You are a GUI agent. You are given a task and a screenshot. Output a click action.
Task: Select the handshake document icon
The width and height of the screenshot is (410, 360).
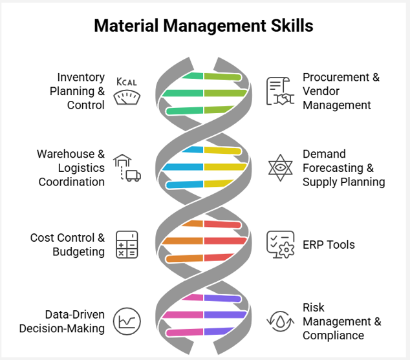281,91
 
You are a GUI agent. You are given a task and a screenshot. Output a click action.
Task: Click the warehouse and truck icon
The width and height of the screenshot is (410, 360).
127,168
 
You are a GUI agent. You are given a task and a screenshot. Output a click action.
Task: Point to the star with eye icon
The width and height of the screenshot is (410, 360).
281,168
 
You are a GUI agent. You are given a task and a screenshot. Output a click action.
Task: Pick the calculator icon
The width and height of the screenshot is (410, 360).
127,244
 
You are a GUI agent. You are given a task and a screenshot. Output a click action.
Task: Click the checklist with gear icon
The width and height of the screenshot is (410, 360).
281,244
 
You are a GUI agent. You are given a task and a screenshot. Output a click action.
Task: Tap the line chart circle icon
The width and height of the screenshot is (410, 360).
127,321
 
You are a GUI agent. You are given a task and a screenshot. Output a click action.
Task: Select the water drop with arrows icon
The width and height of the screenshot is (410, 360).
281,321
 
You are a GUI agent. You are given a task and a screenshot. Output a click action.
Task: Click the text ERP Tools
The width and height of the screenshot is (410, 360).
329,245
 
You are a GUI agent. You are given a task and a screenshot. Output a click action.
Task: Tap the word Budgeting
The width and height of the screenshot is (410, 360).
78,252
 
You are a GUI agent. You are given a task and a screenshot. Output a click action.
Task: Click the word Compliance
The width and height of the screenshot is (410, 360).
333,335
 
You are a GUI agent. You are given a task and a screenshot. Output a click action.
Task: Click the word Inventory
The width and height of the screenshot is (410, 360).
81,77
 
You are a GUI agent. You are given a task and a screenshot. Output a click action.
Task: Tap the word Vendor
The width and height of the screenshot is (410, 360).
321,91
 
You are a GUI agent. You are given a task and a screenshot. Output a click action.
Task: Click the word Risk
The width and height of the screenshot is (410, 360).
314,308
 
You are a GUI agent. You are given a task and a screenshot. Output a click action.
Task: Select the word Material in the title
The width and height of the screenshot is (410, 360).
127,26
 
